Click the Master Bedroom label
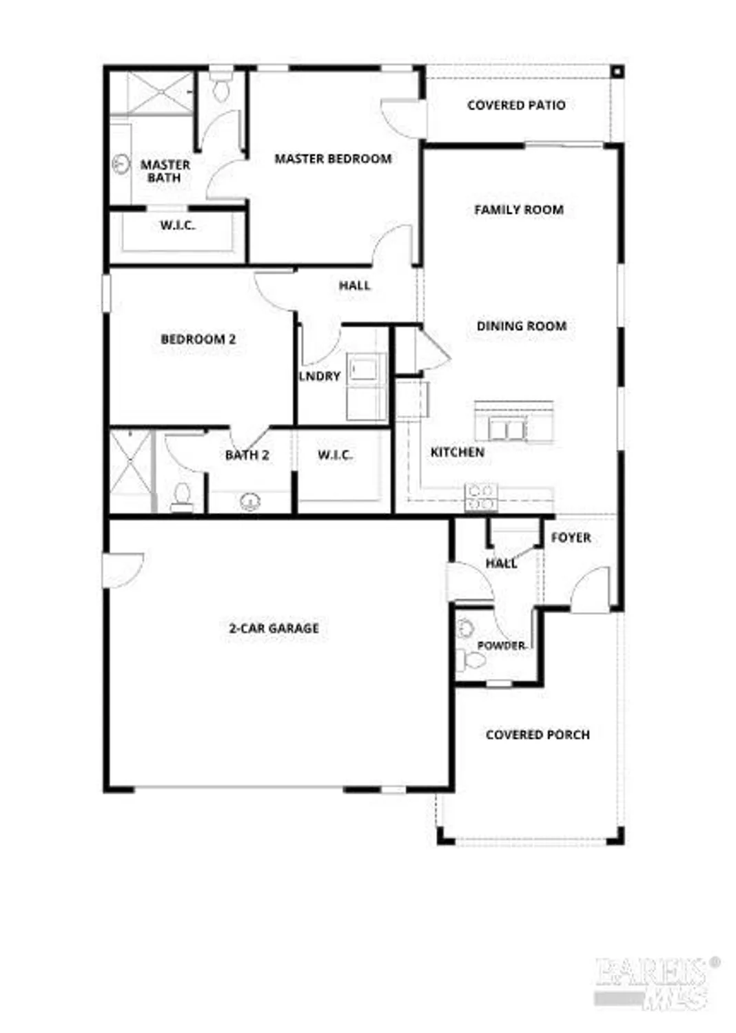(x=333, y=159)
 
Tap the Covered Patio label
(x=516, y=105)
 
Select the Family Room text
(x=518, y=210)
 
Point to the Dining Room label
(x=521, y=326)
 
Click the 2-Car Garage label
(x=274, y=628)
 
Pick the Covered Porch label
(x=538, y=735)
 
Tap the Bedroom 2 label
(x=198, y=340)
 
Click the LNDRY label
(x=320, y=376)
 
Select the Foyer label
(x=571, y=538)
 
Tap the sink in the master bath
(x=121, y=165)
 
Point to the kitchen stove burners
(x=481, y=497)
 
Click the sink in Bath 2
(x=249, y=501)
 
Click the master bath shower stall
(x=152, y=92)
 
